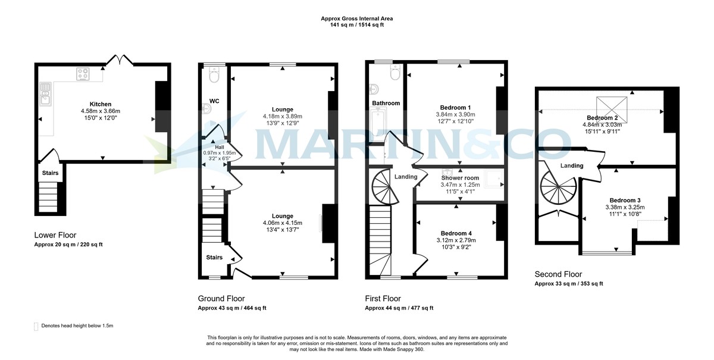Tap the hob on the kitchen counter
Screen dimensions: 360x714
pos(83,74)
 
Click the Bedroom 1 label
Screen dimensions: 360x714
pos(455,107)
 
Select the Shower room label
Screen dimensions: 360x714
pos(459,178)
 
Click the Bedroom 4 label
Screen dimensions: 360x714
pos(455,233)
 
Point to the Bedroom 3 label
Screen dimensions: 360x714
pos(624,200)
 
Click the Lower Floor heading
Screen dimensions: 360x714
pos(55,235)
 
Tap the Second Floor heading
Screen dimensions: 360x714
pos(558,274)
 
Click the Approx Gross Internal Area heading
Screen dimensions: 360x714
pos(356,19)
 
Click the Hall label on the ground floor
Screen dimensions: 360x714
pos(220,146)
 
